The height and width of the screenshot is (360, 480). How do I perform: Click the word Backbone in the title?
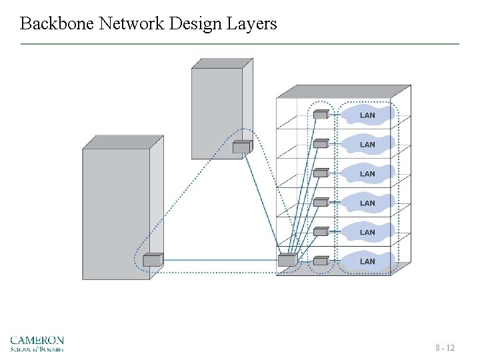pos(57,24)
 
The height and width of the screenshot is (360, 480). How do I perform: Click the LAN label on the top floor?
pos(367,115)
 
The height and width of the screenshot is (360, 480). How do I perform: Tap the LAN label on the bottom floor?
pos(367,262)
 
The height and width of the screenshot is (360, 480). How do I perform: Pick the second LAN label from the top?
pos(367,145)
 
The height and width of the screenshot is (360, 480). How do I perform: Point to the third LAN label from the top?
pos(367,174)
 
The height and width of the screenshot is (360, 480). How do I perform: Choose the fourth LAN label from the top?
pos(367,203)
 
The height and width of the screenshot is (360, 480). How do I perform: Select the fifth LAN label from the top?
pos(367,233)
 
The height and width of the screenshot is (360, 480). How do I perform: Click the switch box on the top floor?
pos(321,114)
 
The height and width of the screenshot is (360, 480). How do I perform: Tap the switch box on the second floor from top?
pos(321,143)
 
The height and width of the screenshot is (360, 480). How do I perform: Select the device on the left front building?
pos(153,260)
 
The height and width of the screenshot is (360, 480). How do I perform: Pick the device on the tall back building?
pos(241,147)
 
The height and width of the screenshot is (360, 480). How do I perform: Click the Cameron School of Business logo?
pos(37,343)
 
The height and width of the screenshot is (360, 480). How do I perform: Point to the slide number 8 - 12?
pos(445,348)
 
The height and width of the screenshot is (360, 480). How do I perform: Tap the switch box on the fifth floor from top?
pos(321,231)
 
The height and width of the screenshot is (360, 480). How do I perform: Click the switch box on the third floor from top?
pos(321,173)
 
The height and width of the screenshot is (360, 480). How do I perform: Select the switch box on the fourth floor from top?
pos(321,202)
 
